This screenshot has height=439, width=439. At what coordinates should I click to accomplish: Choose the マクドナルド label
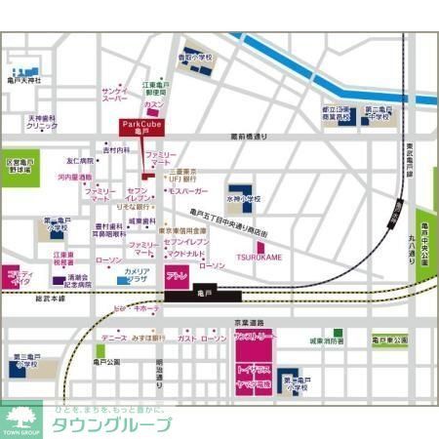pos(184,253)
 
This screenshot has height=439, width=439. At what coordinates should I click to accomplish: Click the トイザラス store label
pos(256,373)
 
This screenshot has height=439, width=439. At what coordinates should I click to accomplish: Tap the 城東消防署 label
pos(327,341)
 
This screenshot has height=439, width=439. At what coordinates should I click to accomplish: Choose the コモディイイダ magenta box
pos(20,277)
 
